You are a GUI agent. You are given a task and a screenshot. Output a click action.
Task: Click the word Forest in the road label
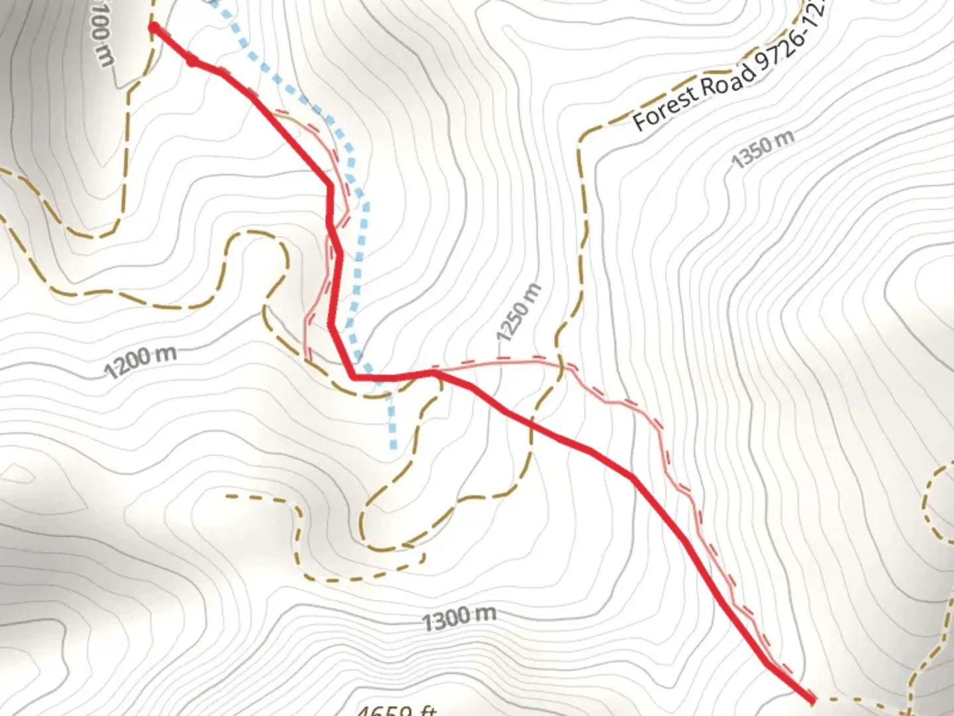click(x=665, y=106)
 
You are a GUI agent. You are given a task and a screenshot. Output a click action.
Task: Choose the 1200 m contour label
click(x=141, y=361)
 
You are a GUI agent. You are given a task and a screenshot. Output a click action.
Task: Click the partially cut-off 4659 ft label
click(x=396, y=709)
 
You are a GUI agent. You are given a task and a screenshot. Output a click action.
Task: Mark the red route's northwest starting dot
click(x=154, y=27)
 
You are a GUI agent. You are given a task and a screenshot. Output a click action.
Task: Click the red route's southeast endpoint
click(x=812, y=699)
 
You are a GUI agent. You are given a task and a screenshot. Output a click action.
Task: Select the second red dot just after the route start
click(x=192, y=62)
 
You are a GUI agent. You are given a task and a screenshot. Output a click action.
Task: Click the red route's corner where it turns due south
click(x=329, y=185)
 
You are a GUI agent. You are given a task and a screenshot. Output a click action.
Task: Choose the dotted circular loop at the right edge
click(x=939, y=497)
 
